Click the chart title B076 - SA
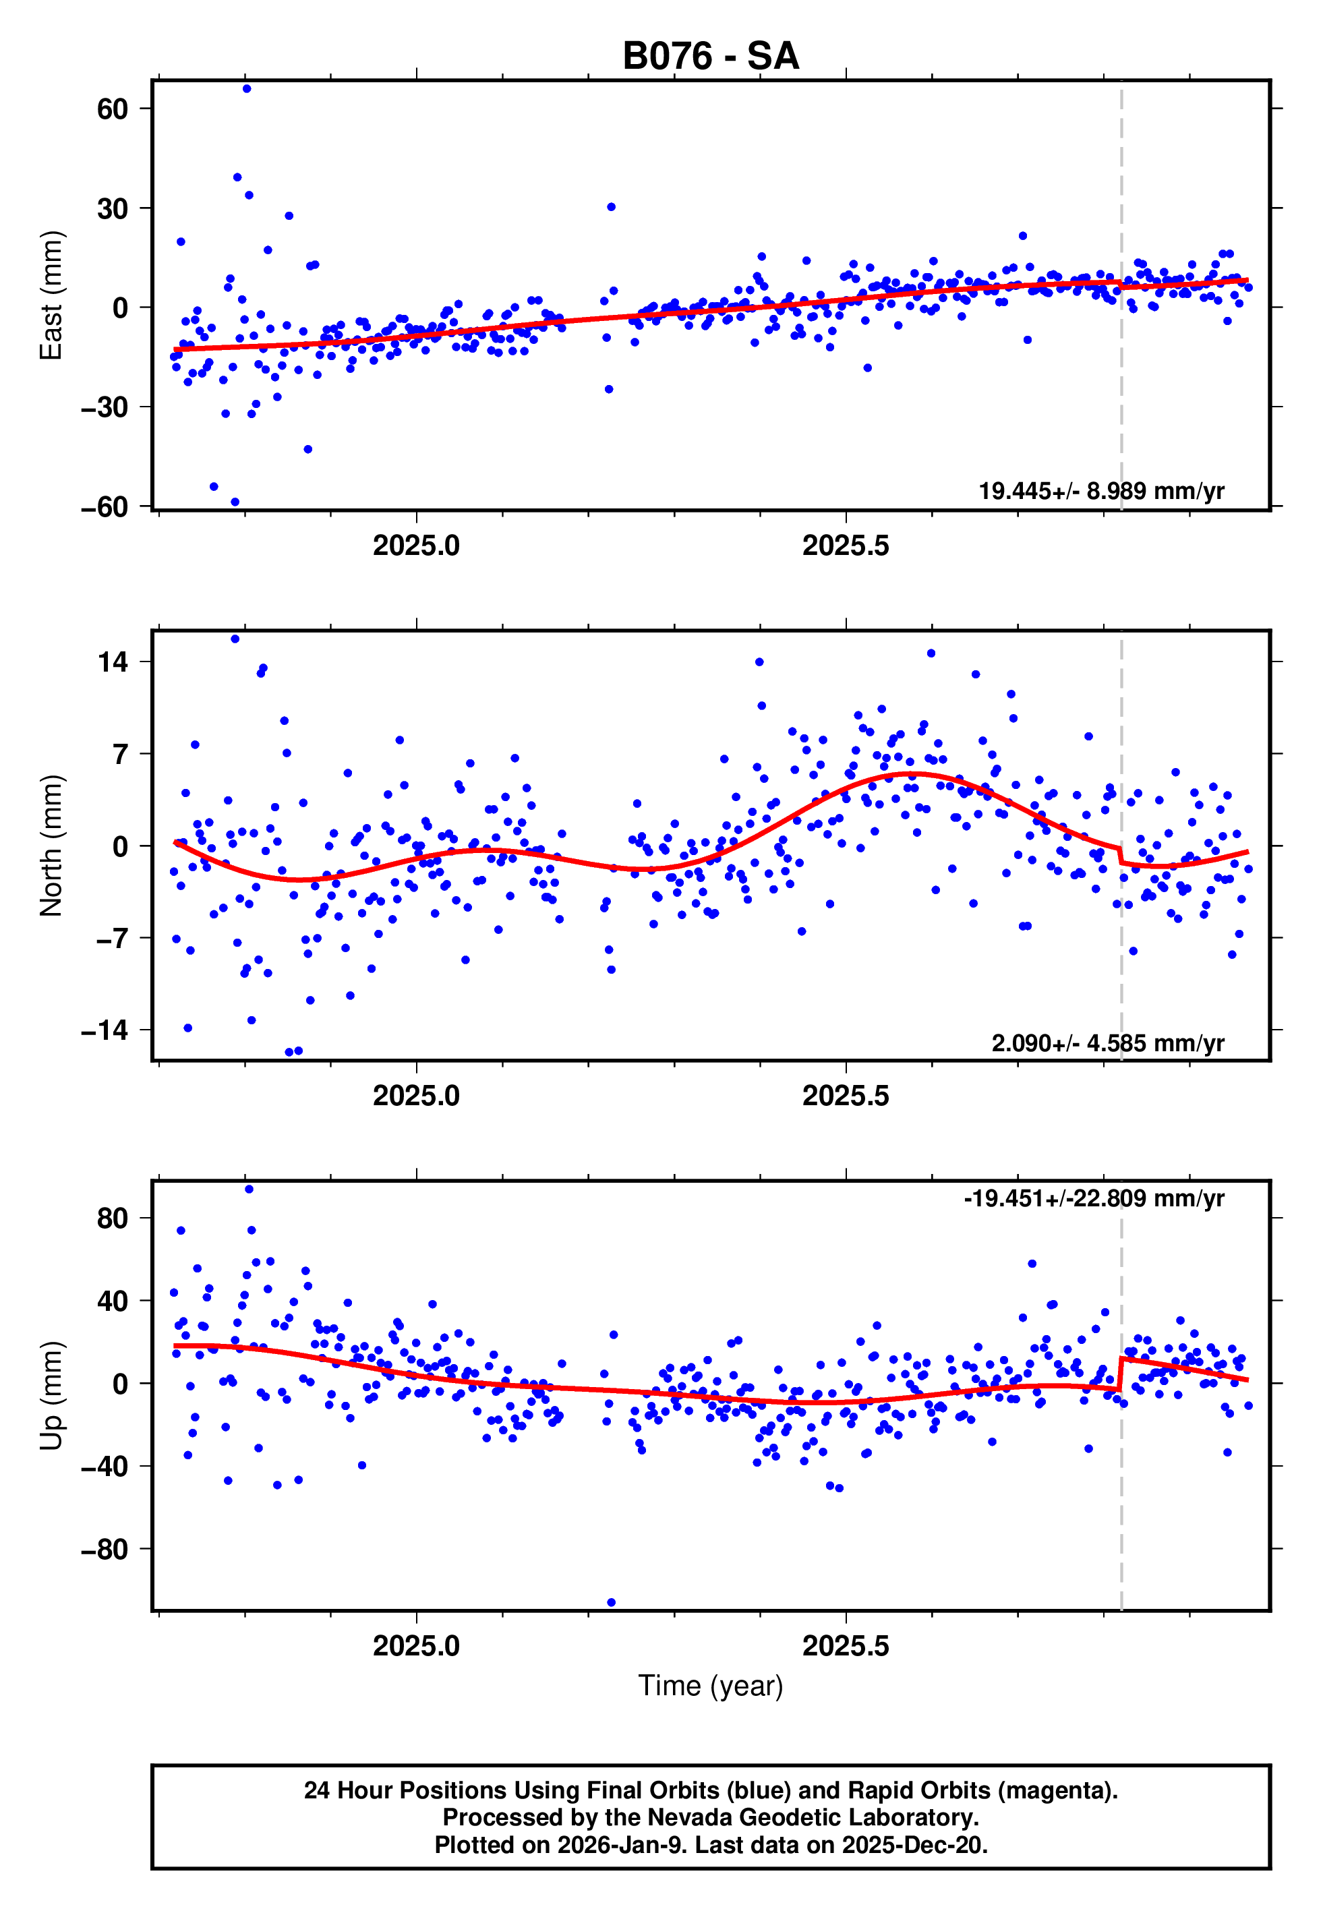(x=711, y=57)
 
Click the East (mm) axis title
(x=51, y=295)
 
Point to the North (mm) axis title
(x=51, y=846)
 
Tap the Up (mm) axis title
(x=51, y=1396)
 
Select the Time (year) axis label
(x=711, y=1686)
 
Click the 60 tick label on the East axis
(x=112, y=109)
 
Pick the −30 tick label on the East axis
(x=105, y=407)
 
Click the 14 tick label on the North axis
(x=112, y=661)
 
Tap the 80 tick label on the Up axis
(x=112, y=1218)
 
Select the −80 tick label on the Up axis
(x=105, y=1549)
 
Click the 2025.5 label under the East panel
(x=846, y=546)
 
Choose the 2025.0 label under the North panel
(x=416, y=1096)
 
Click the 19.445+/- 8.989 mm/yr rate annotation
(x=1101, y=491)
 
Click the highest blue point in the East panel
(x=247, y=88)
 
